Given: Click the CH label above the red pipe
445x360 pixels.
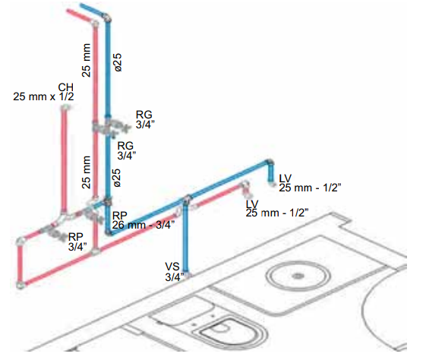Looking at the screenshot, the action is point(65,87).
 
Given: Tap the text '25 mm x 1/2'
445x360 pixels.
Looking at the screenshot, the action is point(43,96).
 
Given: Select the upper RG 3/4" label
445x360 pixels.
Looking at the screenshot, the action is point(145,119).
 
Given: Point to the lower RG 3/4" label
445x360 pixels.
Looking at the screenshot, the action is point(127,150).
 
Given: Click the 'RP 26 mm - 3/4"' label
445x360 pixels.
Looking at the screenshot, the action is point(144,220).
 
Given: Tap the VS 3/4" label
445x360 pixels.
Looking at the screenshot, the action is point(175,272).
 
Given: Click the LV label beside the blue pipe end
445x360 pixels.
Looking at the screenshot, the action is point(286,178).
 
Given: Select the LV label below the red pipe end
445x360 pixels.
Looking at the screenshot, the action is point(252,204).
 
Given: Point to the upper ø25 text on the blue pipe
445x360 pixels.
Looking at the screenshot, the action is point(117,62).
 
